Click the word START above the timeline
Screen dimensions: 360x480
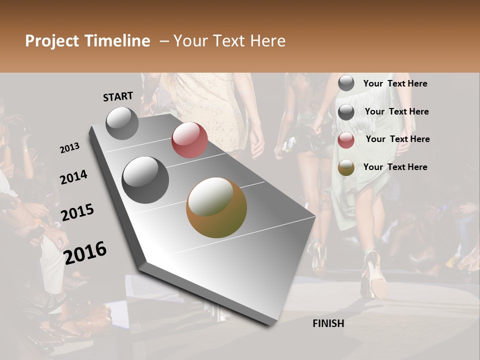[118, 96]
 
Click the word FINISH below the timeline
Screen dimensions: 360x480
[328, 323]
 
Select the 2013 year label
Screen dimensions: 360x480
[70, 148]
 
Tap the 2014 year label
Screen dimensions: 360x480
[73, 177]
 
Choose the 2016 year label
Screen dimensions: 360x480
[85, 252]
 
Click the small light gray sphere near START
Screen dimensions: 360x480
[122, 123]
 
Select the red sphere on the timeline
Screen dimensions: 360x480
[189, 139]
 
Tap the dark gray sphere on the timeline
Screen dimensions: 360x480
[145, 179]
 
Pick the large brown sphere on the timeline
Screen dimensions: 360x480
[216, 207]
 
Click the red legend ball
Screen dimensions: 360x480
[346, 140]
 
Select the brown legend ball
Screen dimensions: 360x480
[346, 167]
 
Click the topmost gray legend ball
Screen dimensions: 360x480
[346, 83]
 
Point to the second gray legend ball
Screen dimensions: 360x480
[346, 112]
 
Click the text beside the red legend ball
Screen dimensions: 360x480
[397, 139]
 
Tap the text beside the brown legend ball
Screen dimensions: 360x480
[395, 167]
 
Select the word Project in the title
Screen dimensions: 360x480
[51, 41]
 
